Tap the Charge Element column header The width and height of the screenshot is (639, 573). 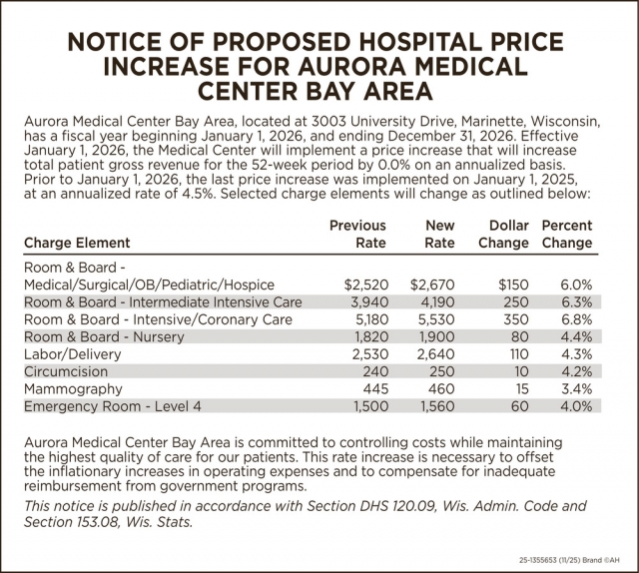(x=77, y=243)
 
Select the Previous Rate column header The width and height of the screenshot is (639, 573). (x=357, y=234)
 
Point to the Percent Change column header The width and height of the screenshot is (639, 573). (x=567, y=234)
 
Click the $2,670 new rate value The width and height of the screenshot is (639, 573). (x=431, y=285)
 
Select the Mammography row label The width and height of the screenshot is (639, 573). (x=73, y=388)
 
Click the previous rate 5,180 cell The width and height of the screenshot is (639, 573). (x=368, y=319)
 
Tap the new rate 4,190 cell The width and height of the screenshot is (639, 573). (x=435, y=301)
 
